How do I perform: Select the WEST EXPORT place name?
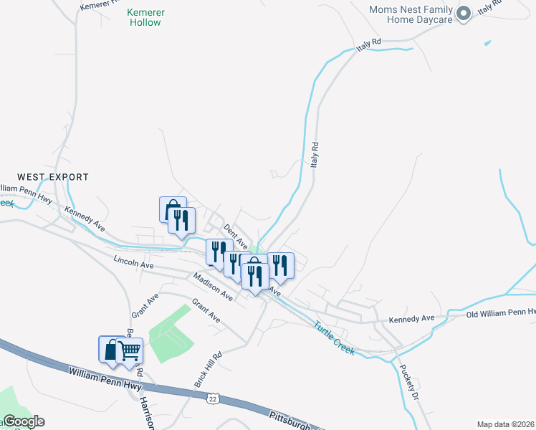click(53, 176)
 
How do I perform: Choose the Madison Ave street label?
click(213, 286)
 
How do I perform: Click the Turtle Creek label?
click(334, 338)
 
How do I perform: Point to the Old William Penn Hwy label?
click(500, 313)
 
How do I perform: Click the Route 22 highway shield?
click(212, 398)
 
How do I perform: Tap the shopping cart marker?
click(130, 351)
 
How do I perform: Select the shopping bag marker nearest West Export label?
click(171, 210)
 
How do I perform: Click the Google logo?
click(23, 421)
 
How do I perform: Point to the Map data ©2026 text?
click(505, 424)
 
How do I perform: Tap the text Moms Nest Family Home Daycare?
click(411, 14)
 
